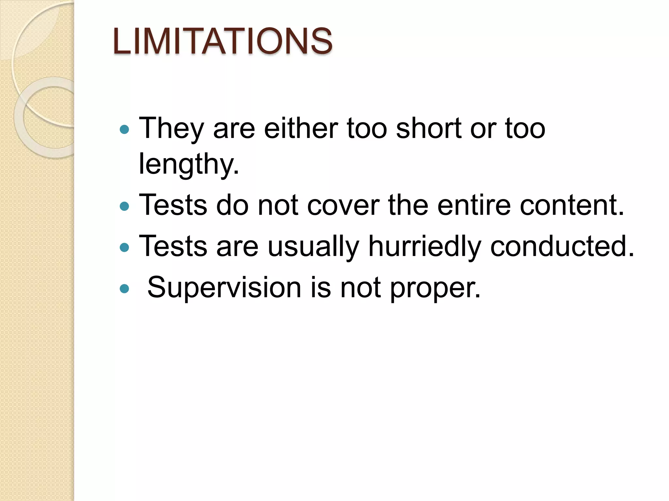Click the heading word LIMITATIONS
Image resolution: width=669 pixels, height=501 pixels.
222,41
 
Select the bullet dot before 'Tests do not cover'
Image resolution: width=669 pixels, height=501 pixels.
124,206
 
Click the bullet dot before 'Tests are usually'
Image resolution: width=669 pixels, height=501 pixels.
124,248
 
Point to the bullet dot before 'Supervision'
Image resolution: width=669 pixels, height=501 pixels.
124,288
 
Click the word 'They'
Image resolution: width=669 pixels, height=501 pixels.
172,128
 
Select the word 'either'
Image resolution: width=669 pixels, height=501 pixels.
301,128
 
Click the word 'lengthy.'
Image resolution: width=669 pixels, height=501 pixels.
189,164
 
